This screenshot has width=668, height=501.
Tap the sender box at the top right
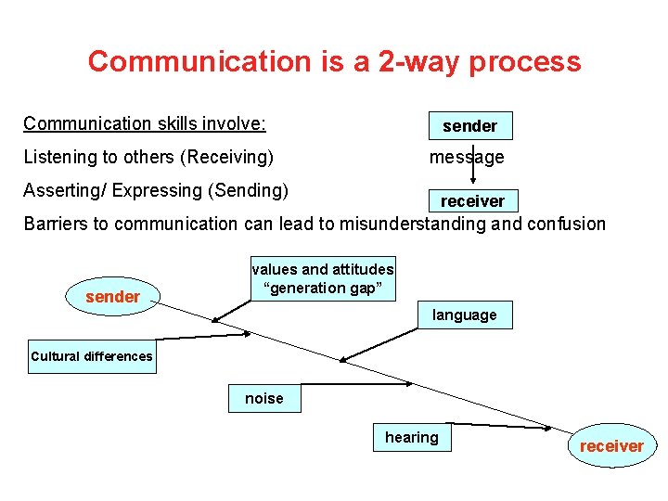tap(469, 126)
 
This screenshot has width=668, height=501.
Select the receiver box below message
tap(472, 201)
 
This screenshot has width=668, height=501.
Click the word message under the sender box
tap(466, 158)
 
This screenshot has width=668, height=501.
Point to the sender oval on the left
tap(112, 297)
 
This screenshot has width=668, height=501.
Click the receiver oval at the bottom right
tap(611, 446)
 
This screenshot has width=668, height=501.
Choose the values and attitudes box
tap(323, 278)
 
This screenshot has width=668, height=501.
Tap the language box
tap(464, 315)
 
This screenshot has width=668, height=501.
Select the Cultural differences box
tap(92, 356)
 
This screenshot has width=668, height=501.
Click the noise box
tap(264, 399)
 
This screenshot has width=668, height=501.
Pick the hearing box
tap(412, 438)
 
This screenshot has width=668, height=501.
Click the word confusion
tap(570, 224)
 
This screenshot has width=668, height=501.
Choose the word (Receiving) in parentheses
tap(229, 158)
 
